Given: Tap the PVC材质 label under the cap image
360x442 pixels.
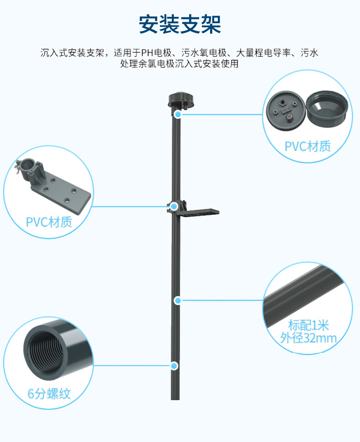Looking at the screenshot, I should (x=308, y=146).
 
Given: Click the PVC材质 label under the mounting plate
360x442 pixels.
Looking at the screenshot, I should (x=49, y=222).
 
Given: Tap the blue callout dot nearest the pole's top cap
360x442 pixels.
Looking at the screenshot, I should (x=178, y=114).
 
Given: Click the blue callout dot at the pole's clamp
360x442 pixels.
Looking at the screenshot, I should (x=174, y=206).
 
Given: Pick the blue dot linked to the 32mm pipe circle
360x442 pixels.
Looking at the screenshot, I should (x=178, y=300).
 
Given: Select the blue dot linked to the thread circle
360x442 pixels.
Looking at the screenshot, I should (x=174, y=365).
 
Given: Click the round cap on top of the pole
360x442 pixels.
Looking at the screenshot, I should (x=179, y=100).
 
